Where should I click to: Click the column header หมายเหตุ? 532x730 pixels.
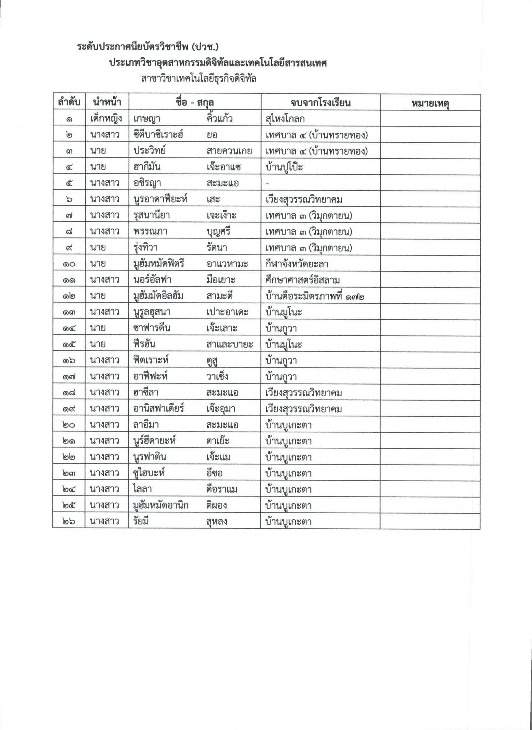430,103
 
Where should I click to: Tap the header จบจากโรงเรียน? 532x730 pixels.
320,103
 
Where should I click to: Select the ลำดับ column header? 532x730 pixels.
69,103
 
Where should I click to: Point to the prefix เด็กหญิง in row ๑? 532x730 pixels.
106,119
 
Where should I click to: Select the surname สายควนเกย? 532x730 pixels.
229,151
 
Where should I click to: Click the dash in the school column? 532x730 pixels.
268,183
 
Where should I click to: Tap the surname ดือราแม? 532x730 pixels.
222,490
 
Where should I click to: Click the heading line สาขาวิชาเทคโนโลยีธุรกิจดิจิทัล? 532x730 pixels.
198,78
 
